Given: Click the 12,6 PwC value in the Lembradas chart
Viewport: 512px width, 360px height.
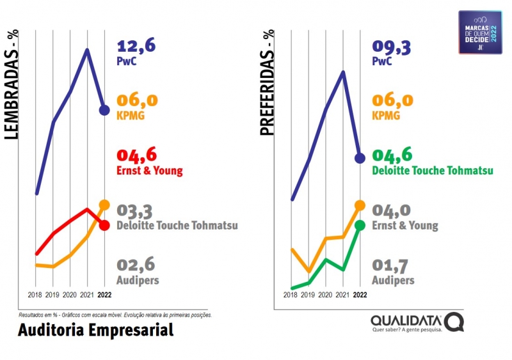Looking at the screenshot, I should (136, 46).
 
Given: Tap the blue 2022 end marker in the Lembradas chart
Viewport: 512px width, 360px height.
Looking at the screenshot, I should (104, 110).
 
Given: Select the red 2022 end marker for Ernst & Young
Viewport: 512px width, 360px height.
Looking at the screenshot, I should (104, 225).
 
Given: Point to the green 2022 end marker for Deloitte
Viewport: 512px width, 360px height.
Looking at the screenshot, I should (360, 225).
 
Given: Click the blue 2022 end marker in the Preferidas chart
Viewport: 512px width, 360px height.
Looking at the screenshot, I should (360, 158).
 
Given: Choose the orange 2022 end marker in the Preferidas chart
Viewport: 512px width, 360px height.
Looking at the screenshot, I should (360, 205).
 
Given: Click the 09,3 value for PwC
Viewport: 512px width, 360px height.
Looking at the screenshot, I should (391, 46).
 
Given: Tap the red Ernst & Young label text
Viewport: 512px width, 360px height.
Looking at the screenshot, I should (149, 171).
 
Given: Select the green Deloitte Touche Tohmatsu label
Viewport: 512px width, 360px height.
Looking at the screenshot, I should (433, 171).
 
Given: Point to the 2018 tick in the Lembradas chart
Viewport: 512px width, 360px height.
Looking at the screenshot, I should (36, 295).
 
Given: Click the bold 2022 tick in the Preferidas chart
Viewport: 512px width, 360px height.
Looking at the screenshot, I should (360, 295).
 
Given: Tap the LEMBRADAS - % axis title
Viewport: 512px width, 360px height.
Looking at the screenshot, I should (12, 86).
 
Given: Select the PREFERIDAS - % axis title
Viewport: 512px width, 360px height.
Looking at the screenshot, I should (267, 83).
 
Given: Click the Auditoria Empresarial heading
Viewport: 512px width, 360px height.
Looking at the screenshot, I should (95, 331).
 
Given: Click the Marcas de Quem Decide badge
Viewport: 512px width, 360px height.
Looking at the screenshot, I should (480, 32).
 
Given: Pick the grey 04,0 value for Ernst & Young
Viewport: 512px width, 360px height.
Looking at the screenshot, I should (391, 210).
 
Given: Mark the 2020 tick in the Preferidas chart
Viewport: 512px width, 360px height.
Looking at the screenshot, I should (325, 295).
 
